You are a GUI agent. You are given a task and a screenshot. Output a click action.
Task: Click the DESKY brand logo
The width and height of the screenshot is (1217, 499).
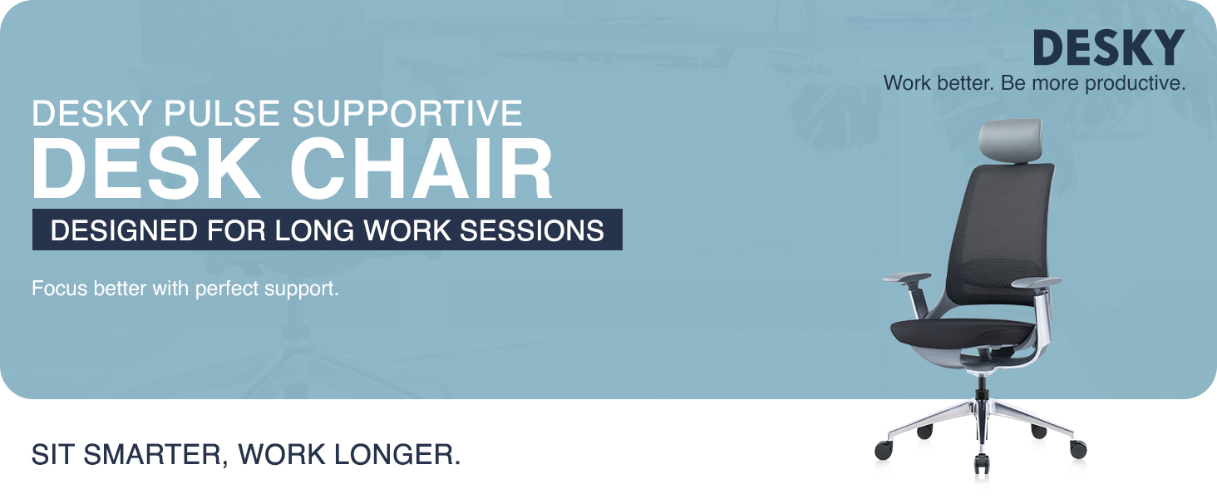coord(1108,48)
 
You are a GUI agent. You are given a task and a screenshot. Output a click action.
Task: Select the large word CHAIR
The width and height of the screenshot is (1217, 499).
coord(421,169)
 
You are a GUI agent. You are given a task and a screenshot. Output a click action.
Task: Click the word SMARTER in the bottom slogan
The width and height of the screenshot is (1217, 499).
coord(157,455)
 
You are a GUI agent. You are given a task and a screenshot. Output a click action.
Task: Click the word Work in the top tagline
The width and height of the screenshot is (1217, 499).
coord(904,83)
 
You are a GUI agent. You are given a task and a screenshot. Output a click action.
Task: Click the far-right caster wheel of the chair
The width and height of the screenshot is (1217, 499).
coord(1078,450)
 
